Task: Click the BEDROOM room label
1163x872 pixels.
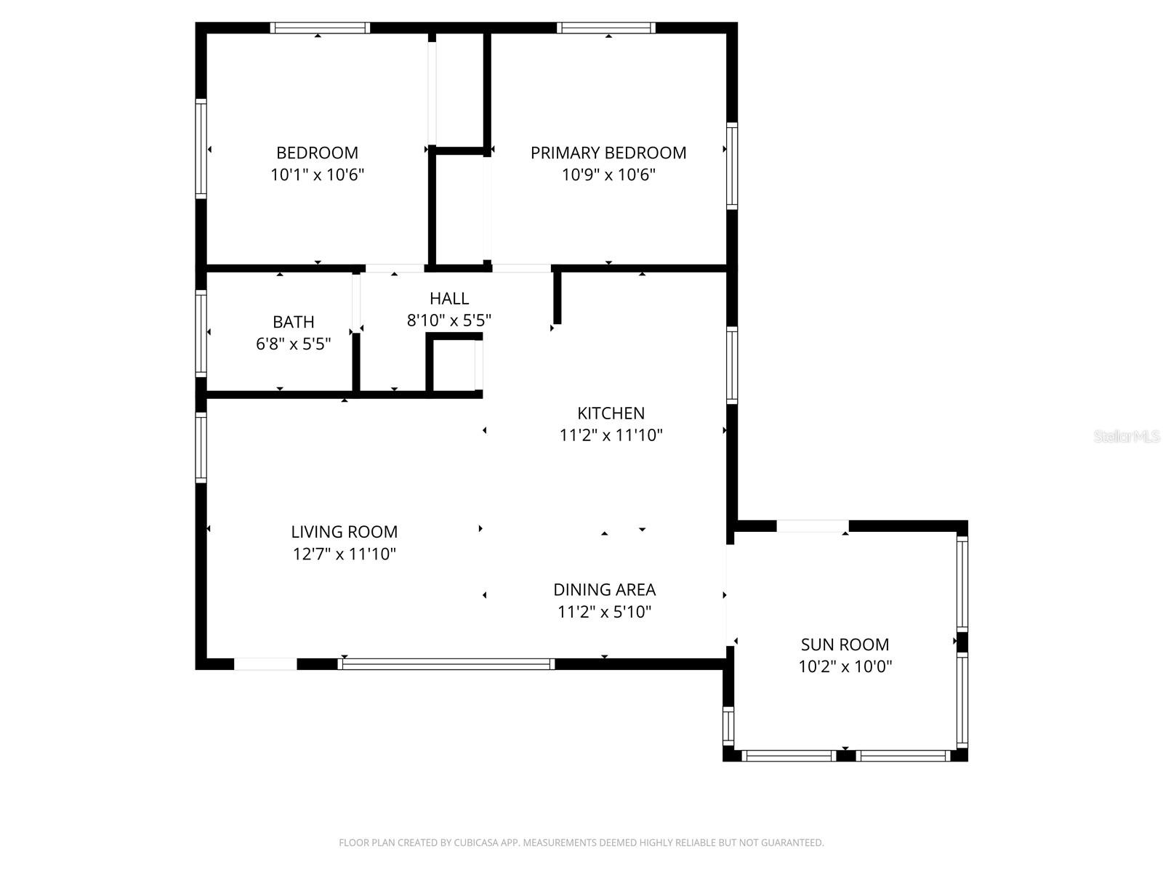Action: click(317, 153)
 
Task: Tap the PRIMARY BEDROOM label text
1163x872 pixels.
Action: click(608, 153)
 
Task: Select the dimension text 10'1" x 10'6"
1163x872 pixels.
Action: click(317, 175)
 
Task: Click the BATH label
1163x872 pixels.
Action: click(294, 322)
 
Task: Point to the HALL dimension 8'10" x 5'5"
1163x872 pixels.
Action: click(449, 320)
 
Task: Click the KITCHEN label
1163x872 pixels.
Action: click(611, 413)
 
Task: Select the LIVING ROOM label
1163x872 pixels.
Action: click(344, 532)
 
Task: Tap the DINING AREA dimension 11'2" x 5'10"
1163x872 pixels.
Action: click(604, 612)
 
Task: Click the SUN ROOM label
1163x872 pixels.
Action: click(845, 645)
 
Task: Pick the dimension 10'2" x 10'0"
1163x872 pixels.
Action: click(845, 666)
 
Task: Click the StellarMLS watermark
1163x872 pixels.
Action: click(1127, 437)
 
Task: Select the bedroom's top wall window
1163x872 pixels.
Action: click(320, 28)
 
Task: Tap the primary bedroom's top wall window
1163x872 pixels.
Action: click(607, 28)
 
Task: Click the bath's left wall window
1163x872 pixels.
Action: click(201, 333)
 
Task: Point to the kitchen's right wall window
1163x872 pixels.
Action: click(733, 365)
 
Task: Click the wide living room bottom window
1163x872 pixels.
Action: click(446, 663)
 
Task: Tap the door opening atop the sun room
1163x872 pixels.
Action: click(813, 526)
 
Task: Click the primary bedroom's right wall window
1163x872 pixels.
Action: click(733, 166)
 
